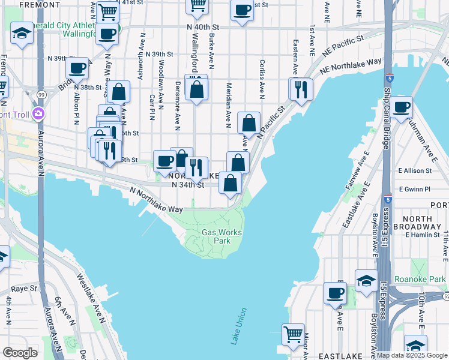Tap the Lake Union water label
[238, 326]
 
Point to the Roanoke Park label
[420, 279]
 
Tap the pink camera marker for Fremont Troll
[38, 113]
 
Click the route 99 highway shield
[41, 95]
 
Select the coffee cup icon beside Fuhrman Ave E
[402, 107]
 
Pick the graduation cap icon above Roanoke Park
[366, 280]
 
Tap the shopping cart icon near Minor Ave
[293, 334]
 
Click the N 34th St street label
[188, 185]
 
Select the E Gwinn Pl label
[414, 189]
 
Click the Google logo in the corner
[20, 353]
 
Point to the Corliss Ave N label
[262, 78]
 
